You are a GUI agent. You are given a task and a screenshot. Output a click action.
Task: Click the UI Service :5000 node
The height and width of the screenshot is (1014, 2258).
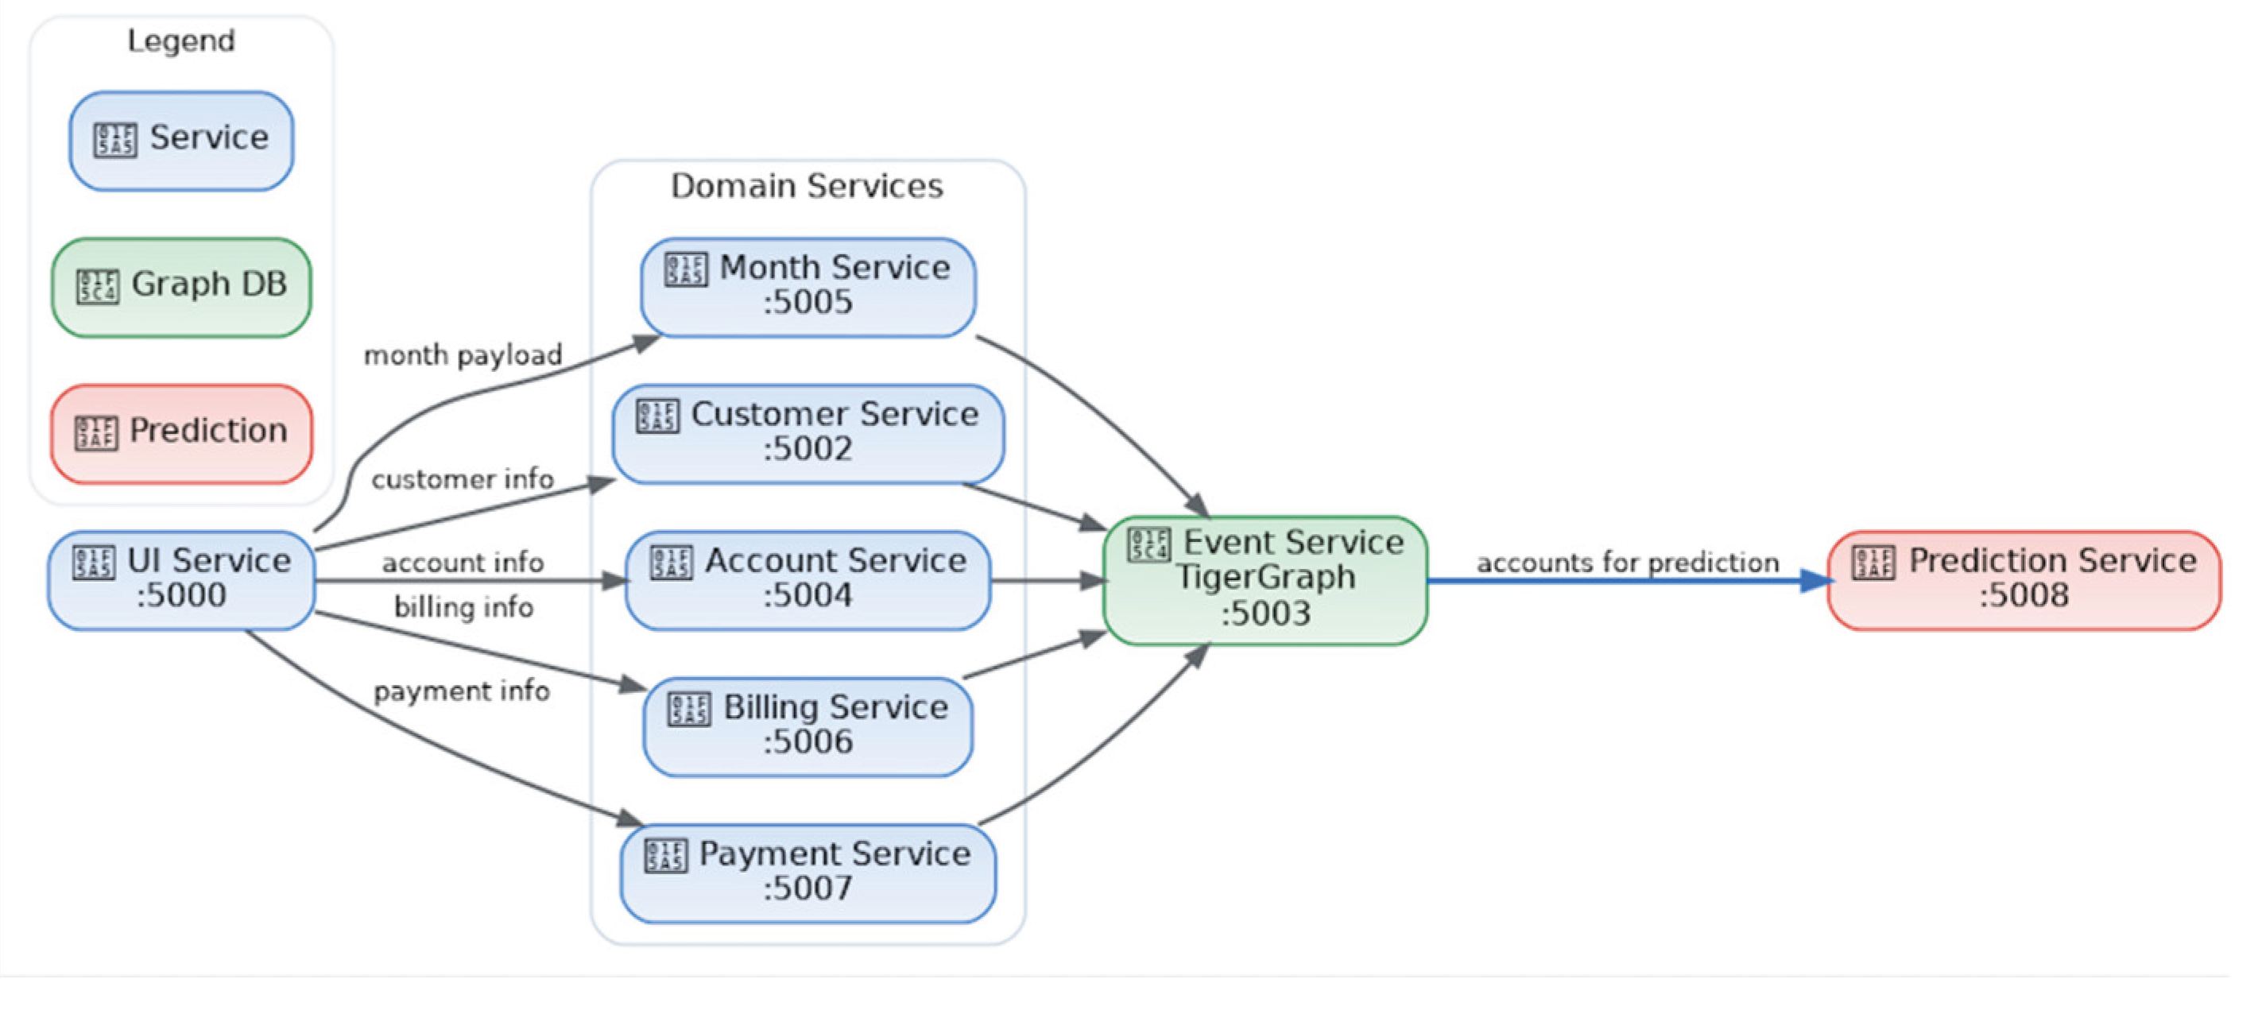pyautogui.click(x=181, y=580)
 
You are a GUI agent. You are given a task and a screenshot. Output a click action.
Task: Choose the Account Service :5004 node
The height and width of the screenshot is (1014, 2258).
pyautogui.click(x=808, y=580)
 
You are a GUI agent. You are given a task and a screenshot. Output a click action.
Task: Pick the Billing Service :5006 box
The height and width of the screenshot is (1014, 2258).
pyautogui.click(x=808, y=726)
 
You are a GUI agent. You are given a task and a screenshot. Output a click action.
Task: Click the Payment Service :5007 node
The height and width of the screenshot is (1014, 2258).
pyautogui.click(x=808, y=873)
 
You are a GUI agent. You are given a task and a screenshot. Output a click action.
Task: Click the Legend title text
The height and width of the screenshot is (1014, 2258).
pyautogui.click(x=180, y=41)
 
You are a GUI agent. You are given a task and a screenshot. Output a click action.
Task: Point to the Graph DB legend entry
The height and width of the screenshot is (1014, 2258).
pyautogui.click(x=180, y=287)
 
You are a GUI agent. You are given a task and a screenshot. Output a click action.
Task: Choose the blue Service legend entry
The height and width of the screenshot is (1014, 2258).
pyautogui.click(x=180, y=140)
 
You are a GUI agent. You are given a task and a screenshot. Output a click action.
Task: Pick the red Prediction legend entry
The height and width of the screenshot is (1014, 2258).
pyautogui.click(x=180, y=433)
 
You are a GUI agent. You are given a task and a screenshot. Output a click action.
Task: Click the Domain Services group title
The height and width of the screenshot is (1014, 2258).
pyautogui.click(x=807, y=186)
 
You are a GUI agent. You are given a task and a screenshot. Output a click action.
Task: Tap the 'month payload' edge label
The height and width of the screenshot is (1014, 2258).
pyautogui.click(x=462, y=355)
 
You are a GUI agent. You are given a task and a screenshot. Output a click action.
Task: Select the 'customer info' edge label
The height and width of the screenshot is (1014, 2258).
pyautogui.click(x=462, y=479)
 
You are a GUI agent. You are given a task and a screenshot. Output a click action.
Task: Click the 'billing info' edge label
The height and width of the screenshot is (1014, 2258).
pyautogui.click(x=463, y=606)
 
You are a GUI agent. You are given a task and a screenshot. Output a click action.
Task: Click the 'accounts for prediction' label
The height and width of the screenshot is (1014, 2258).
pyautogui.click(x=1627, y=562)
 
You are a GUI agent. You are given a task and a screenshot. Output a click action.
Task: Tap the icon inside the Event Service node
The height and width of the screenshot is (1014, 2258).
pyautogui.click(x=1148, y=544)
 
